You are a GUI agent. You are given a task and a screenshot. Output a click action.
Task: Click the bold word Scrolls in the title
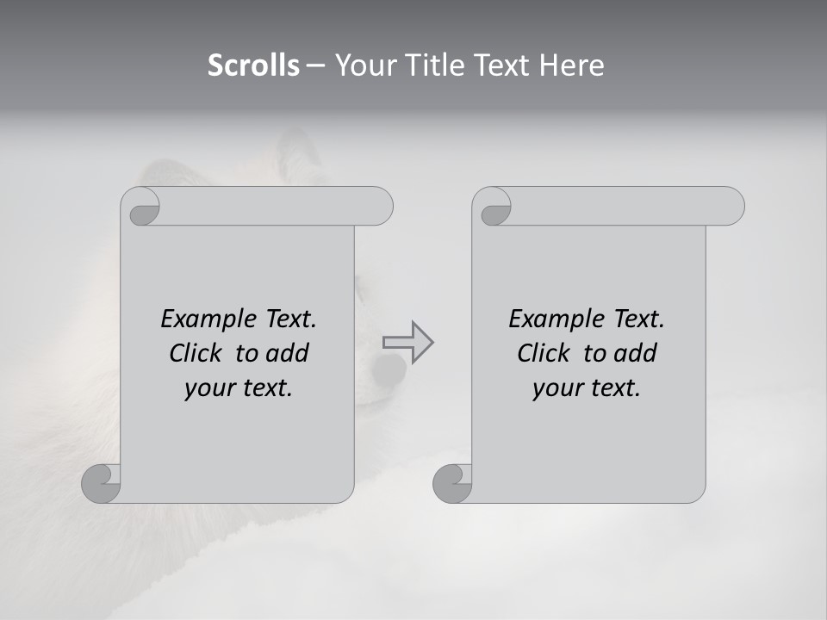pos(254,65)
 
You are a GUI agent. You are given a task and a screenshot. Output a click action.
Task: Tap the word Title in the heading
pos(429,65)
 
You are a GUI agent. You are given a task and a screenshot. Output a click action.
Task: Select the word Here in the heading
pos(572,65)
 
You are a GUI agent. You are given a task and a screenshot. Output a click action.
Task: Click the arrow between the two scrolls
pos(407,342)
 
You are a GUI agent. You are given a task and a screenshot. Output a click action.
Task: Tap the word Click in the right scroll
pos(544,353)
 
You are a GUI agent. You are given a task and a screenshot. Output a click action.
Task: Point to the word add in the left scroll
pos(288,353)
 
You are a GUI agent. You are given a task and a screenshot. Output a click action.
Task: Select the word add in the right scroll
pos(636,353)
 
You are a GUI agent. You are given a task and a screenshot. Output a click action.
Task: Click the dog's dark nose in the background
pos(389,369)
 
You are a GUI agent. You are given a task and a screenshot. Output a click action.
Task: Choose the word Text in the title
pos(501,65)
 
